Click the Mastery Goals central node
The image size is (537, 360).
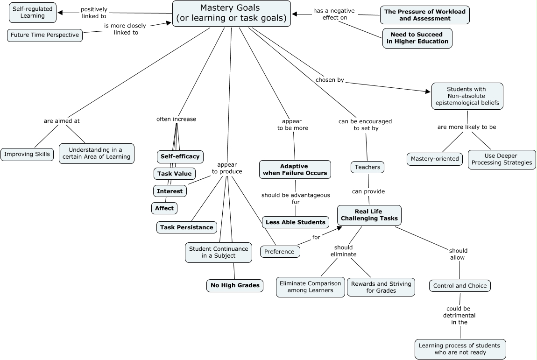point(232,14)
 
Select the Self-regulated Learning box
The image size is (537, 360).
point(33,12)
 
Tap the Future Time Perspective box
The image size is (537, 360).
point(45,35)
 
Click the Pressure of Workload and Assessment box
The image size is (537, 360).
point(424,15)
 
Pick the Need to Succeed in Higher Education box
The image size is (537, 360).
point(417,38)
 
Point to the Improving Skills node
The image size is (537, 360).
point(27,154)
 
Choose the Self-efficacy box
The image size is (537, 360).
point(180,156)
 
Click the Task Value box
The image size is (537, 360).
point(174,174)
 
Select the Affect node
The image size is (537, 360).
point(164,208)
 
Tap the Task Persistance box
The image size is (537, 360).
point(187,227)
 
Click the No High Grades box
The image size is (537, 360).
point(235,285)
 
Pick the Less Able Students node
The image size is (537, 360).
point(295,222)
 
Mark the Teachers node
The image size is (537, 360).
point(367,167)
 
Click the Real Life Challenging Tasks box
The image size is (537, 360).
point(369,215)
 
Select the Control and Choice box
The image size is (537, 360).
point(459,286)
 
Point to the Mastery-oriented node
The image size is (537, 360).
point(435,159)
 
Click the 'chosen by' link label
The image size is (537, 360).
point(330,80)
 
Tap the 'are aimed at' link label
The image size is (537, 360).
point(62,120)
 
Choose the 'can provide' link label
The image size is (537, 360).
point(368,191)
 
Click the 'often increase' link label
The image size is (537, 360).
point(176,119)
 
